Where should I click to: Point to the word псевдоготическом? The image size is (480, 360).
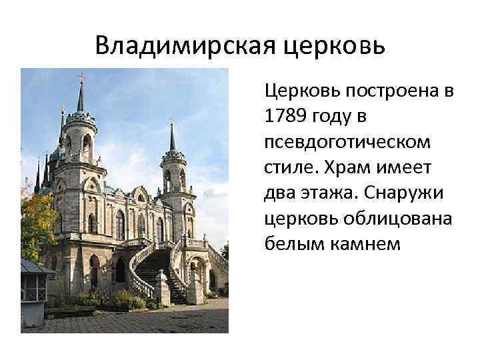point(347,141)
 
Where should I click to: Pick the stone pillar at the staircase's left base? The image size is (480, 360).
point(162,287)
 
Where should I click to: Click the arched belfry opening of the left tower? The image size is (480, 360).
point(87,144)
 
